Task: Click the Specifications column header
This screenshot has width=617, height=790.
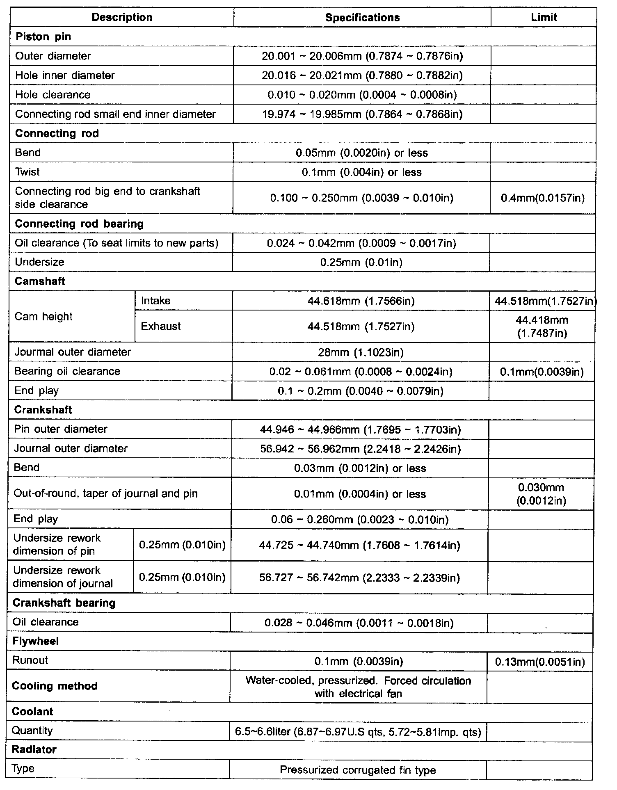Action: click(362, 17)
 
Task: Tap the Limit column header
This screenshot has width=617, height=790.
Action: click(544, 17)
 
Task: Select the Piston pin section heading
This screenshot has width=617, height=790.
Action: click(43, 37)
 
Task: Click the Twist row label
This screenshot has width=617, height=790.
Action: click(27, 172)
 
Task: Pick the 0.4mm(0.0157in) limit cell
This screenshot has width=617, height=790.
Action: click(543, 198)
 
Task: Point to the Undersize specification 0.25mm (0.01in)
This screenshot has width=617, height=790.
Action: click(361, 262)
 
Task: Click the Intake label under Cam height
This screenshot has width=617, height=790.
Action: click(155, 301)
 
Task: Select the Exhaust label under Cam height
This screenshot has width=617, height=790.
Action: click(160, 327)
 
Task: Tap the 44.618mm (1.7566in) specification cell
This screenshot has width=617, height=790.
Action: click(361, 301)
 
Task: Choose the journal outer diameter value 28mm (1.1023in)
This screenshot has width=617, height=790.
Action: click(361, 352)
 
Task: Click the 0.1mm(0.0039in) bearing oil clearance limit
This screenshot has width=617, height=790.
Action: click(542, 372)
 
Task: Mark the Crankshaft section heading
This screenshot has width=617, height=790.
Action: click(43, 410)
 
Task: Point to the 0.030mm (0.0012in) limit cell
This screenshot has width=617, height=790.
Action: click(541, 494)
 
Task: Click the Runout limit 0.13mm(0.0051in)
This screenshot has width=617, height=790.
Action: click(540, 661)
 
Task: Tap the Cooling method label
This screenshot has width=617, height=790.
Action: click(55, 686)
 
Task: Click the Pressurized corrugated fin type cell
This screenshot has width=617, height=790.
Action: click(357, 770)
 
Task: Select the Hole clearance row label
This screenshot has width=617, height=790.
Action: click(53, 95)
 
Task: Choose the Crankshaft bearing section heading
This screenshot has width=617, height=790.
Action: click(64, 603)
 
